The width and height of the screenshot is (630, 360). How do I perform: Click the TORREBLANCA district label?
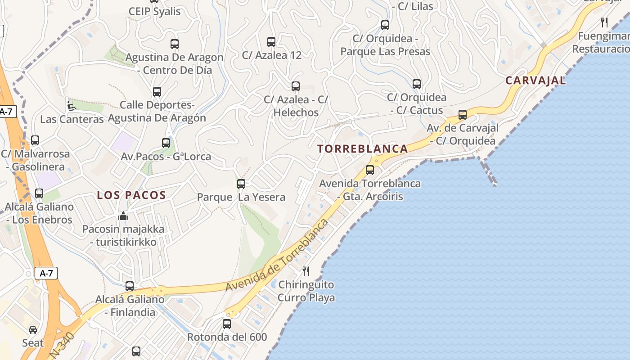click(363, 149)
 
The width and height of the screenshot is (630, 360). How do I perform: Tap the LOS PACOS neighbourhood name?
click(132, 195)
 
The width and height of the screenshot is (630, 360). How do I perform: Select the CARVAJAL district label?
click(535, 81)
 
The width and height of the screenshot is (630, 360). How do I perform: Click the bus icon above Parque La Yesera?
click(241, 184)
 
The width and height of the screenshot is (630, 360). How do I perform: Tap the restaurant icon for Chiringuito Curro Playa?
click(306, 271)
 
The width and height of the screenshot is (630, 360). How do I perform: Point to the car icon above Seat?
click(33, 329)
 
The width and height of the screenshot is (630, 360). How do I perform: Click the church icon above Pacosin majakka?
click(123, 216)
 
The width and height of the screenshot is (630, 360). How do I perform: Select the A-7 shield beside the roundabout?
click(46, 273)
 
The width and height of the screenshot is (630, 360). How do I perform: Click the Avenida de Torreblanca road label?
click(276, 255)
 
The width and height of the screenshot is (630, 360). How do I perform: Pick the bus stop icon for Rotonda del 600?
click(227, 324)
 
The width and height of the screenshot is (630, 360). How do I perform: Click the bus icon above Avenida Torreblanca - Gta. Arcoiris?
click(370, 170)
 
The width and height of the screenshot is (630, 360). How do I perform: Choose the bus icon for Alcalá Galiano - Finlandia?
click(130, 286)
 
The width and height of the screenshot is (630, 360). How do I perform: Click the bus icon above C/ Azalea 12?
click(271, 42)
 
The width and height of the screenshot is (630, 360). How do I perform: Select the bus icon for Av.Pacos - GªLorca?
click(166, 143)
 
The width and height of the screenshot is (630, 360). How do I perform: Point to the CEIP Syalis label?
click(154, 11)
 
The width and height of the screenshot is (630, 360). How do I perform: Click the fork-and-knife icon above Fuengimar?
click(604, 22)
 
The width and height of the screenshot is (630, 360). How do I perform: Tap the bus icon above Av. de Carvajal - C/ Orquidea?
click(463, 115)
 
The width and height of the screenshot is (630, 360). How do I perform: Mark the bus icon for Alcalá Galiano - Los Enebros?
click(39, 193)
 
